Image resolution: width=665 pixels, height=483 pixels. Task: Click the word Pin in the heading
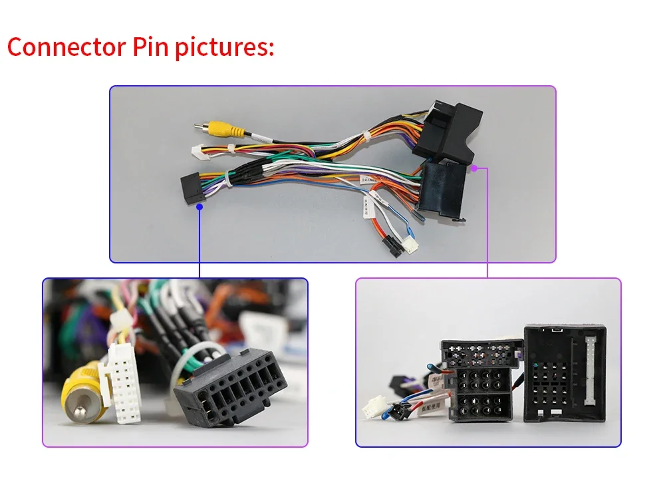(150, 47)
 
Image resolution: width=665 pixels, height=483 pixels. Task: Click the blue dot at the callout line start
(199, 206)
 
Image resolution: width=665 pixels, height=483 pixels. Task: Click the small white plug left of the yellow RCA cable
(198, 152)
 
